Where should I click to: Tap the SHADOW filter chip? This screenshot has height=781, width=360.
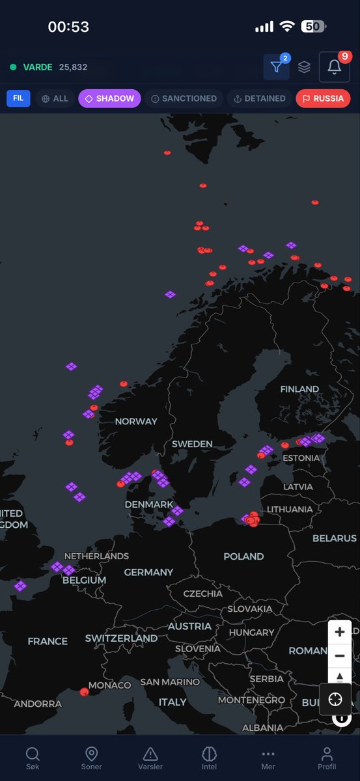pyautogui.click(x=109, y=98)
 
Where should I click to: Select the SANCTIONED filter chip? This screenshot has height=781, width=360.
pyautogui.click(x=184, y=98)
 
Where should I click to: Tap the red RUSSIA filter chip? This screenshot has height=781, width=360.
pyautogui.click(x=323, y=98)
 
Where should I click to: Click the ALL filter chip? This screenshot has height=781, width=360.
pyautogui.click(x=55, y=98)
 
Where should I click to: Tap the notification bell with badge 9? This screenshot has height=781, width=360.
pyautogui.click(x=334, y=67)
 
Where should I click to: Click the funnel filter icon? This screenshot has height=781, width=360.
pyautogui.click(x=276, y=67)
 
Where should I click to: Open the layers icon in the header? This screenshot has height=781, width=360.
pyautogui.click(x=304, y=67)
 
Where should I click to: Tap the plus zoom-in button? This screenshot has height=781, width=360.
pyautogui.click(x=339, y=632)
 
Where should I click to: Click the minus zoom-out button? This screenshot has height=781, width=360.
pyautogui.click(x=339, y=656)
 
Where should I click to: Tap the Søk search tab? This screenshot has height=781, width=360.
pyautogui.click(x=33, y=758)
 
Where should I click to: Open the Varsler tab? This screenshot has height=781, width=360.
pyautogui.click(x=150, y=758)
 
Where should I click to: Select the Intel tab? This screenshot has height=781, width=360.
pyautogui.click(x=209, y=758)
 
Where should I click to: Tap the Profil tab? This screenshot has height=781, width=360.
pyautogui.click(x=327, y=758)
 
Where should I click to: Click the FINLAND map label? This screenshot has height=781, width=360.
pyautogui.click(x=299, y=389)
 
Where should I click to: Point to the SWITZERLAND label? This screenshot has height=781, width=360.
pyautogui.click(x=121, y=638)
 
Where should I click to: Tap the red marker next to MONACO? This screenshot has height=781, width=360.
pyautogui.click(x=84, y=692)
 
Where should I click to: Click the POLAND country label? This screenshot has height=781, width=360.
pyautogui.click(x=243, y=556)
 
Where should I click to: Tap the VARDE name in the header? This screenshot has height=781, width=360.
pyautogui.click(x=38, y=67)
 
